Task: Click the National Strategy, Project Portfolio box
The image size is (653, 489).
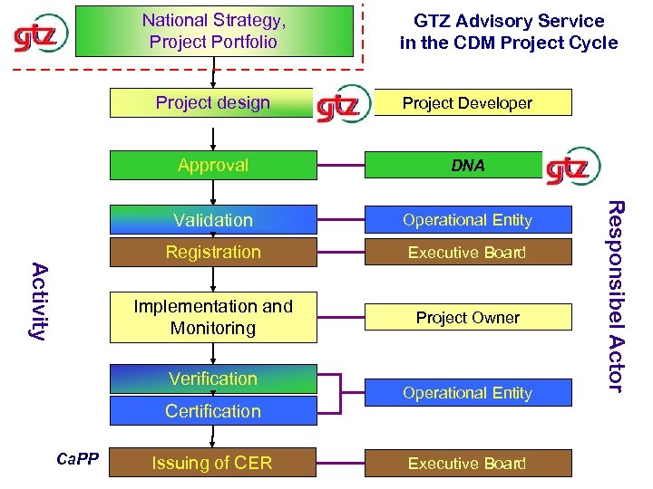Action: (x=214, y=32)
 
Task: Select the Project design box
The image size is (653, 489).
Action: (x=213, y=103)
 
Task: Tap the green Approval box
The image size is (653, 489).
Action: (x=213, y=165)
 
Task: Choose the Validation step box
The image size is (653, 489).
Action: (x=213, y=220)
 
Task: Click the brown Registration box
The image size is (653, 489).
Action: (x=213, y=253)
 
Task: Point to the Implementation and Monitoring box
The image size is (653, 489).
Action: (x=213, y=318)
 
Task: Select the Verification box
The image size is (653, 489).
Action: (x=213, y=379)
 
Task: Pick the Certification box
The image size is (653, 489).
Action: (x=213, y=411)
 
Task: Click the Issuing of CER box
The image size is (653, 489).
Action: (x=213, y=464)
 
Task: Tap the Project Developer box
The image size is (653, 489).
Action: (x=468, y=103)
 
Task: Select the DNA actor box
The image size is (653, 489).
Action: (x=468, y=165)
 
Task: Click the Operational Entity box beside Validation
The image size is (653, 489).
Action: (x=468, y=220)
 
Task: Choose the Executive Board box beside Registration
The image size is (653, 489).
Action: (x=468, y=253)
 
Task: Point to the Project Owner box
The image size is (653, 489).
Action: (x=468, y=318)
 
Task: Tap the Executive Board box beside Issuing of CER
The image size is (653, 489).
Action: (x=468, y=464)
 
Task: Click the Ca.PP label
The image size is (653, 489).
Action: (x=77, y=459)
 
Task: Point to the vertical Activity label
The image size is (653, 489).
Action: (x=39, y=300)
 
